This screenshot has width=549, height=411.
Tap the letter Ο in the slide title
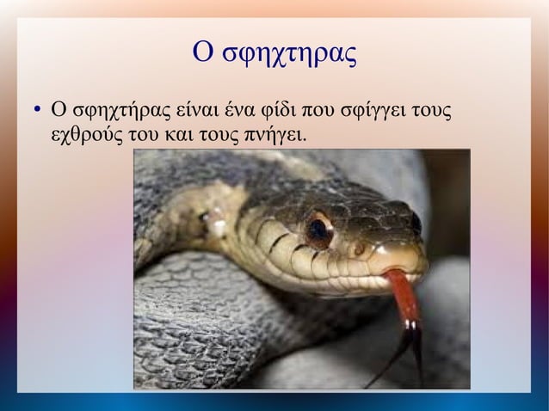(x=201, y=52)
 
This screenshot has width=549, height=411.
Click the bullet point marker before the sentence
(x=36, y=111)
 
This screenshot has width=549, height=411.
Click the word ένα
(x=242, y=111)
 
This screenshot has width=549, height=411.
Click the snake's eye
(x=319, y=230)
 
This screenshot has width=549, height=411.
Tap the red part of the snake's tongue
(x=403, y=297)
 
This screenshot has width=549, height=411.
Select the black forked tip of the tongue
(x=411, y=348)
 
